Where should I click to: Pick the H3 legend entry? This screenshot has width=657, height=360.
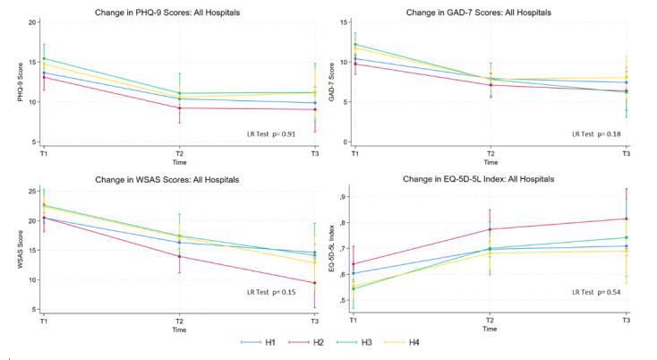coord(369,342)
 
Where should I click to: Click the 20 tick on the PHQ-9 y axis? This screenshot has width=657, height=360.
coord(31,21)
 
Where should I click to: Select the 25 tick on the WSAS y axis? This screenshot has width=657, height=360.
coord(31,191)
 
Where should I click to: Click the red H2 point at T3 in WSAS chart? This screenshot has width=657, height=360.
coord(314,283)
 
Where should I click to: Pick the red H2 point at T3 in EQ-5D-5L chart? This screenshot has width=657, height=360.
coord(625,219)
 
